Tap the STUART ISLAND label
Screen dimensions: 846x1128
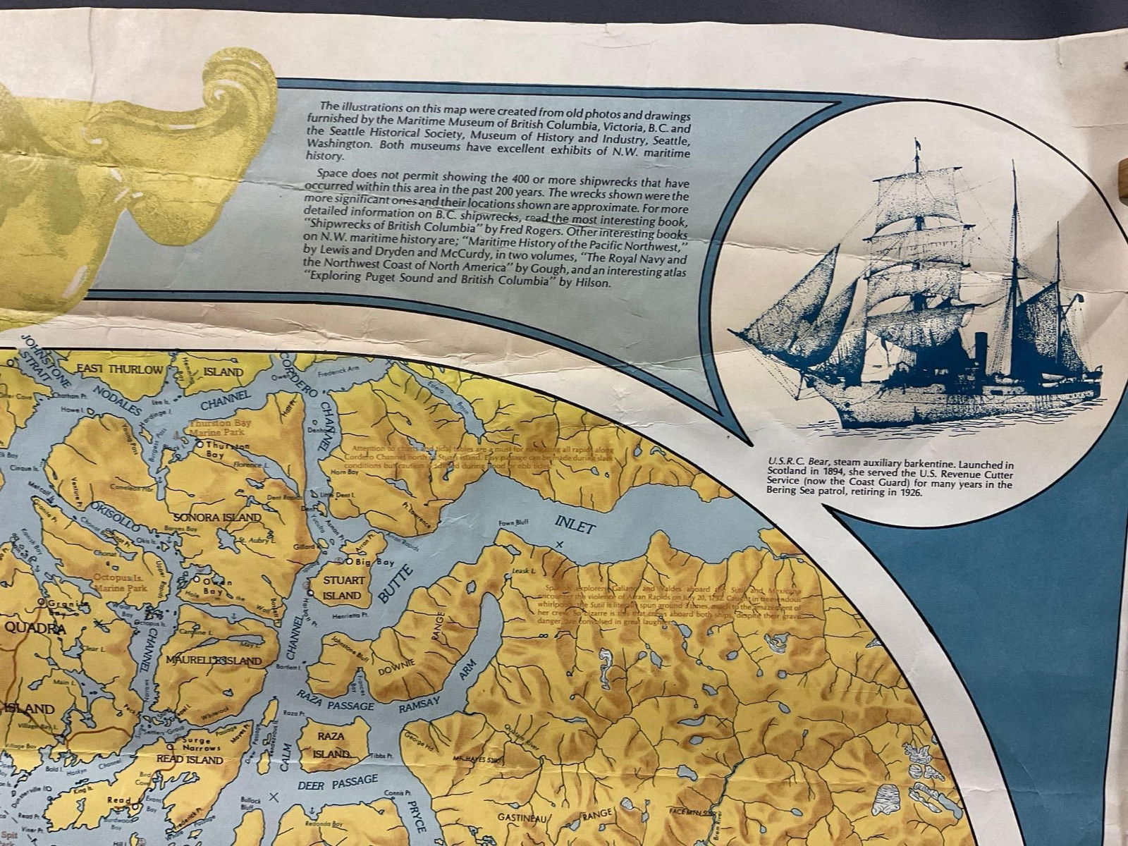[x=343, y=588]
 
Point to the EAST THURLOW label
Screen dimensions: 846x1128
[x=119, y=370]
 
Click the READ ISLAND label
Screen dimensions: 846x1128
[x=189, y=760]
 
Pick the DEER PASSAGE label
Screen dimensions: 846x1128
[x=338, y=783]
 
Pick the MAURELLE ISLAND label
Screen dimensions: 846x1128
[x=214, y=661]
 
